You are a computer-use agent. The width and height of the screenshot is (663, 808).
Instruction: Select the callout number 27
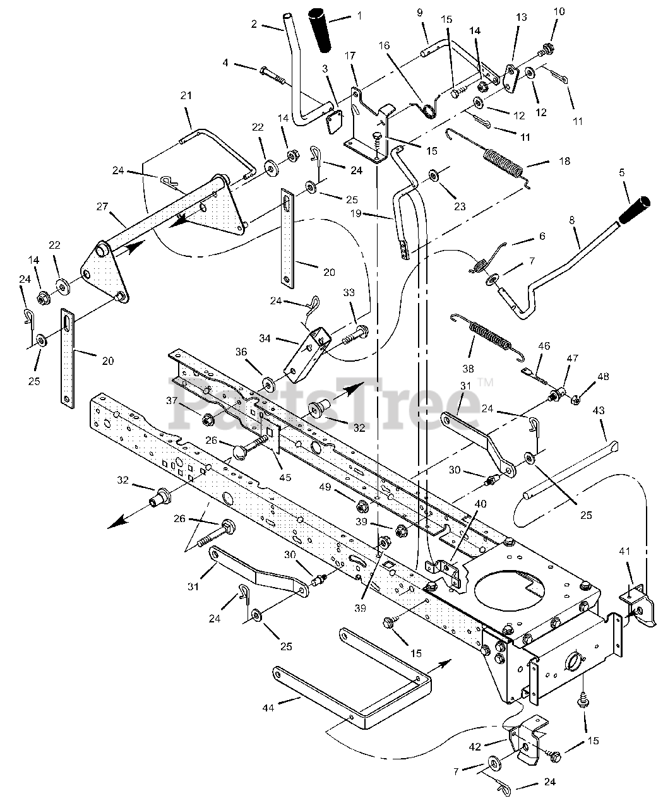pos(102,207)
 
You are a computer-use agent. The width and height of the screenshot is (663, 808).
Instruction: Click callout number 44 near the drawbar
pos(268,708)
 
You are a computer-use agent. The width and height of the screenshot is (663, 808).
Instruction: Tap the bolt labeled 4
pos(273,76)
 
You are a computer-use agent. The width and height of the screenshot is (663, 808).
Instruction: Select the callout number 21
pos(186,95)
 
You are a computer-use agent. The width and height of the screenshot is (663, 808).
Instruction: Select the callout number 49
pos(325,487)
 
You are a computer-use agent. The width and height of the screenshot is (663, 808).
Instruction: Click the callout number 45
pos(285,477)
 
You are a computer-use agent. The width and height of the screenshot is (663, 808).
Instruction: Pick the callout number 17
pos(350,56)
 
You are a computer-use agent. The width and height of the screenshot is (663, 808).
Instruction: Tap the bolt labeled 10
pos(546,51)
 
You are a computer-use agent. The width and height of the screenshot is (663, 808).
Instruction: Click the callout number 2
pos(254,24)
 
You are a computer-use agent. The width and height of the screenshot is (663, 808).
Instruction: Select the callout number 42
pos(475,747)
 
